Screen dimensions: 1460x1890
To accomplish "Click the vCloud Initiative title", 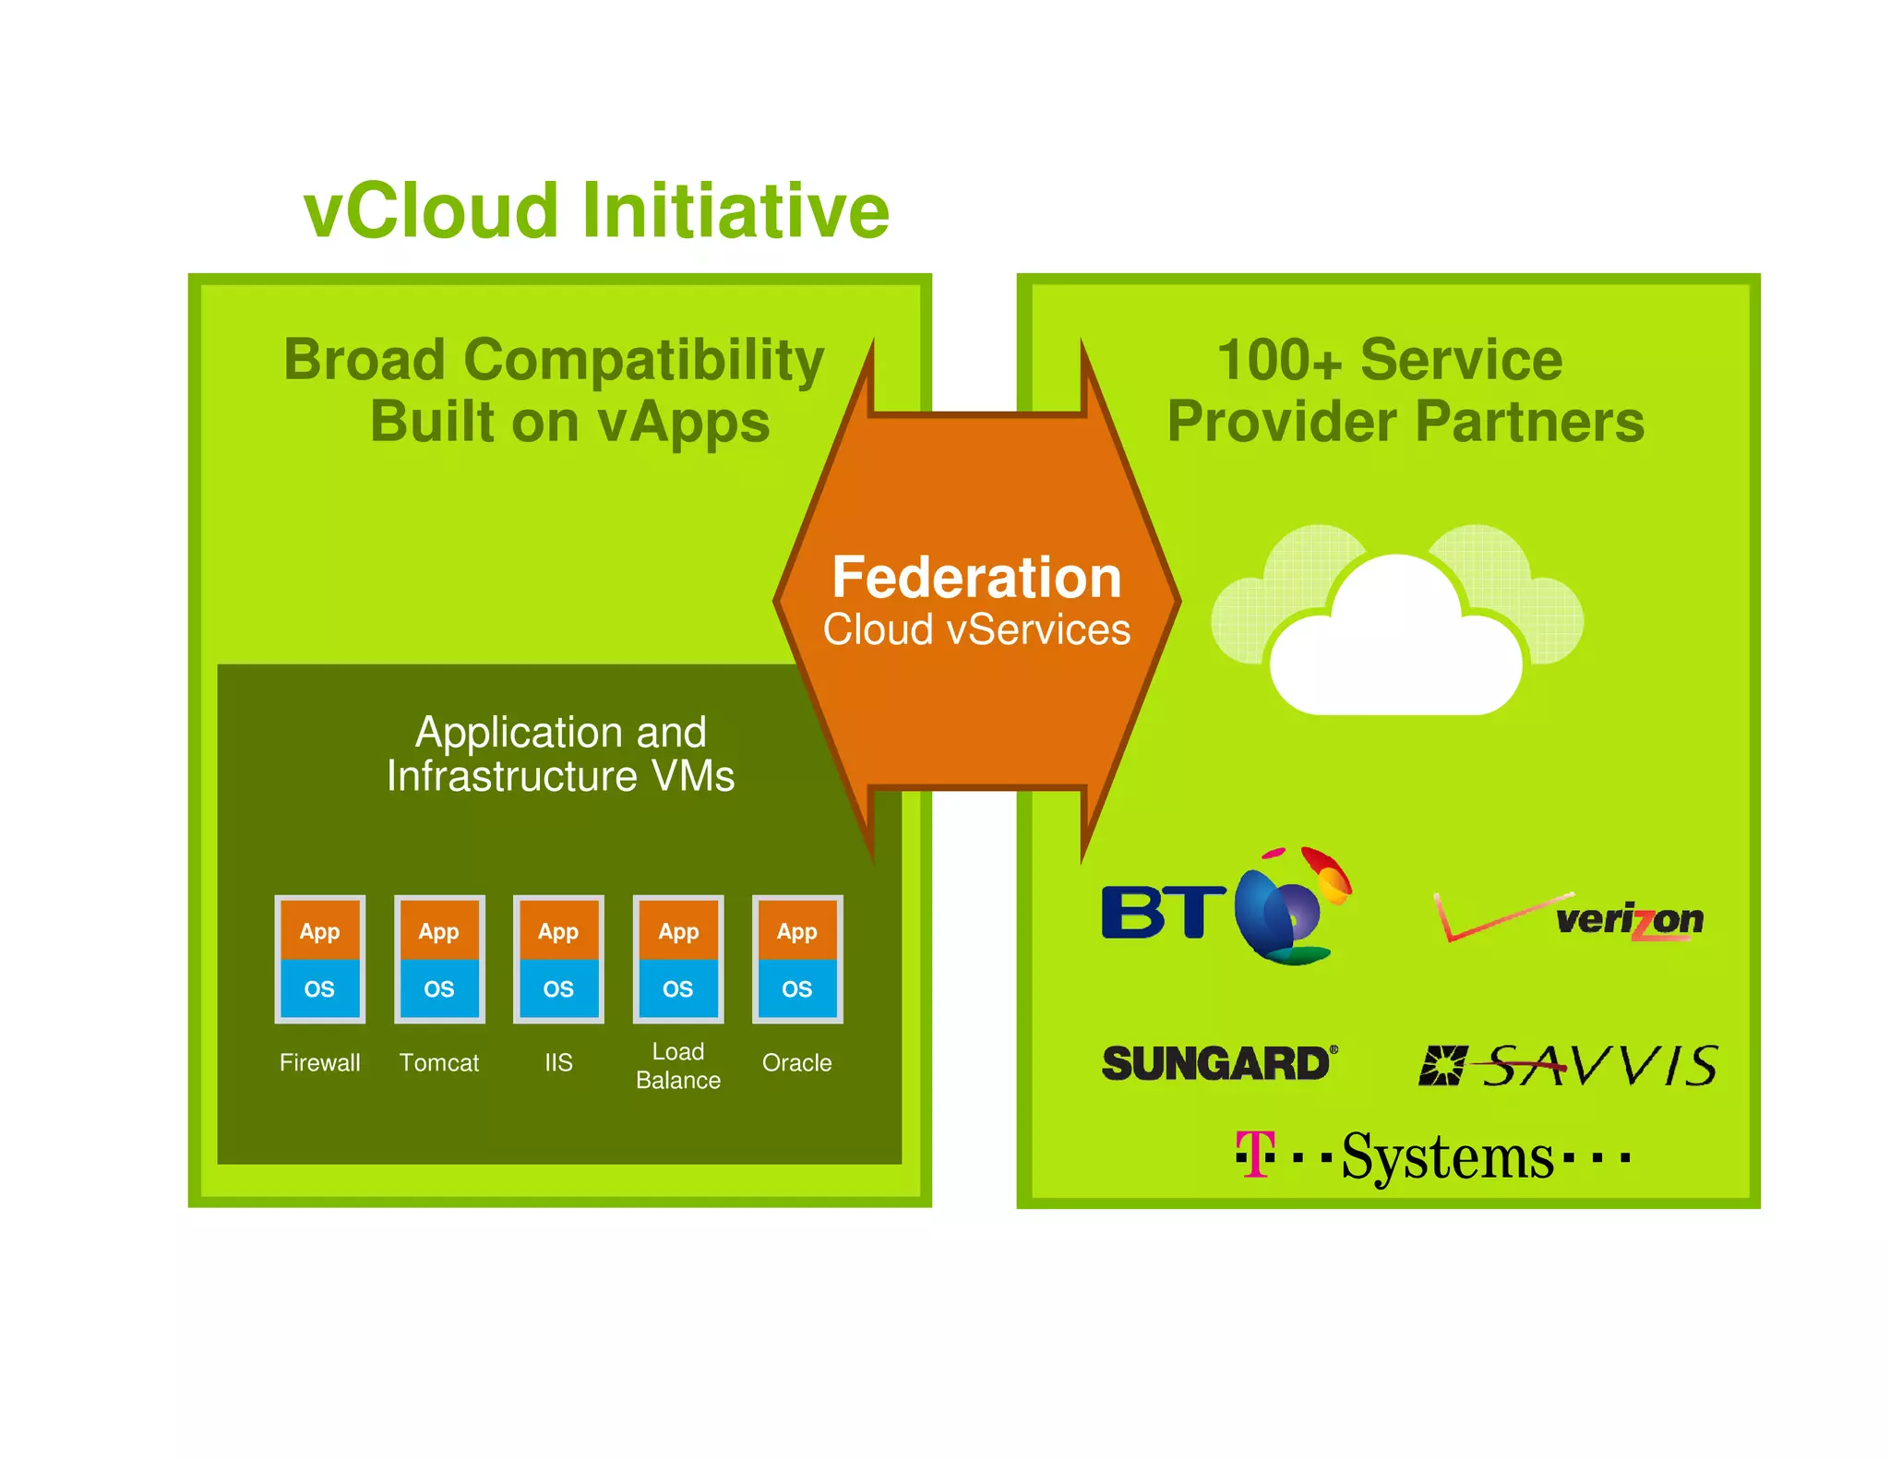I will (x=596, y=211).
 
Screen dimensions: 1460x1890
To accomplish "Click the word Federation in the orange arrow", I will (x=976, y=578).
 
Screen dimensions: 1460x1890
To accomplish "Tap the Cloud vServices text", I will (x=976, y=630).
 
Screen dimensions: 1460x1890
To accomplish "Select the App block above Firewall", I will (x=319, y=931).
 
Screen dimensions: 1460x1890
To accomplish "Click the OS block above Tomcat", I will (x=439, y=988).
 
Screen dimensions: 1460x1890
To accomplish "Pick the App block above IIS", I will (x=558, y=931).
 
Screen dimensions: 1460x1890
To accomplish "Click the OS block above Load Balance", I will (x=678, y=988).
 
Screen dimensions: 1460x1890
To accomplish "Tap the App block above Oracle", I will (x=797, y=931).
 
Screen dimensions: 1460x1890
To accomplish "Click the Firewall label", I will (x=319, y=1062).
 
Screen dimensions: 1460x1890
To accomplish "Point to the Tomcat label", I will (x=439, y=1062).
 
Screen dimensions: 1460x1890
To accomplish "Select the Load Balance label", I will (x=678, y=1066).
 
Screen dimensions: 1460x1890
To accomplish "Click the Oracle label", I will (x=797, y=1062).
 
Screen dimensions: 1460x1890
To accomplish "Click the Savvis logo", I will (x=1569, y=1066).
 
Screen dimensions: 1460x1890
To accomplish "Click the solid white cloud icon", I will (x=1395, y=646).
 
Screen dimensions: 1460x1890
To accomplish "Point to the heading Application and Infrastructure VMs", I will (x=560, y=753).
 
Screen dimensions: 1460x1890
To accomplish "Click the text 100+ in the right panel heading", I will (x=1278, y=360).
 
